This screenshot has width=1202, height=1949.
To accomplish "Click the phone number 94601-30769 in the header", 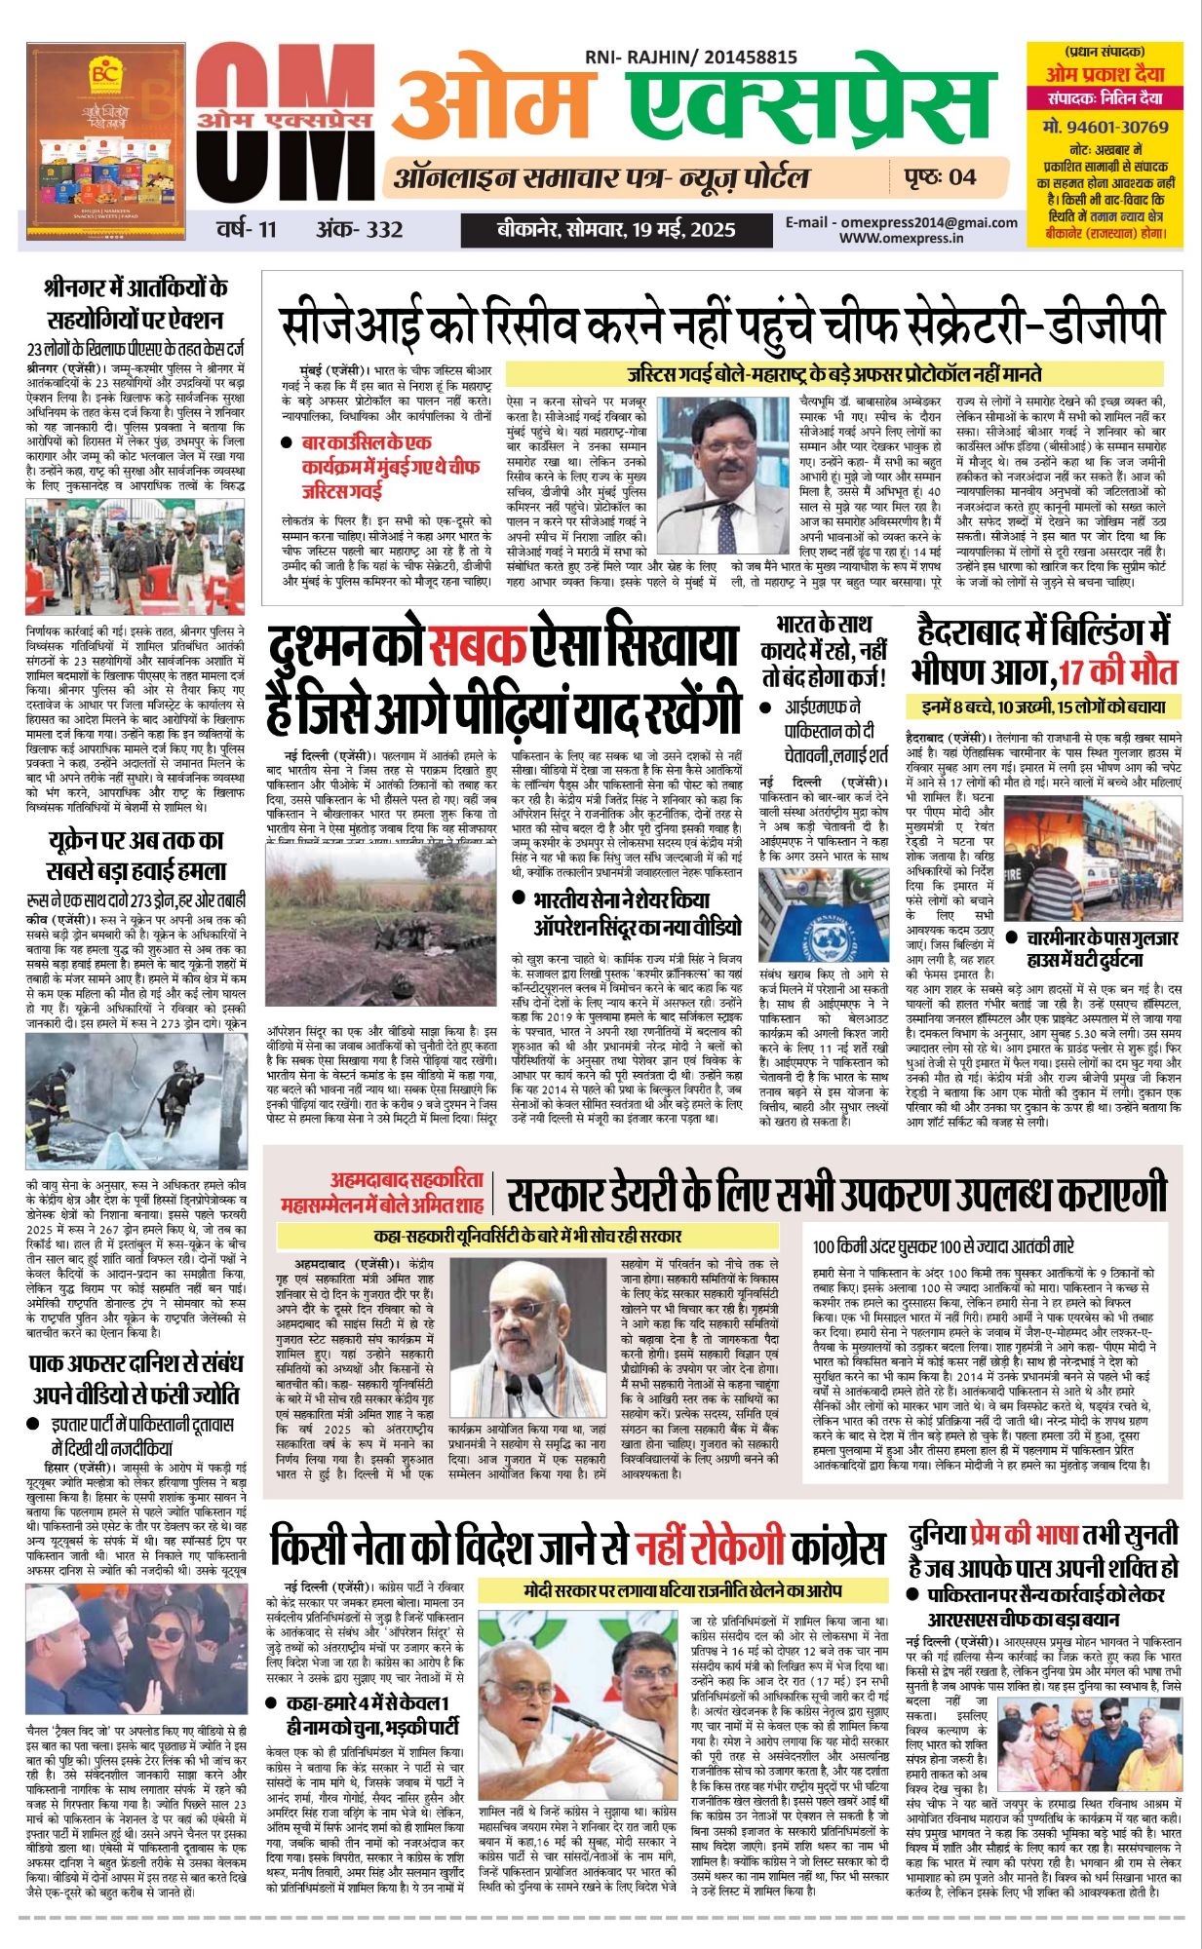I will click(x=1105, y=127).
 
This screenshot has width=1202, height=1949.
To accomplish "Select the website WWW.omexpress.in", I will click(x=901, y=237).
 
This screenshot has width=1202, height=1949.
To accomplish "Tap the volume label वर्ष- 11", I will click(x=247, y=230).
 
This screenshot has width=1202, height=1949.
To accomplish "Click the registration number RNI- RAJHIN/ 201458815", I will click(x=690, y=58).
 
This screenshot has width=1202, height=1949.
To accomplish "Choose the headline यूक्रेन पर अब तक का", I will click(x=136, y=840).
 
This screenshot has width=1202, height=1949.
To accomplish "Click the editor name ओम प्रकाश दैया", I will click(x=1105, y=73).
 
